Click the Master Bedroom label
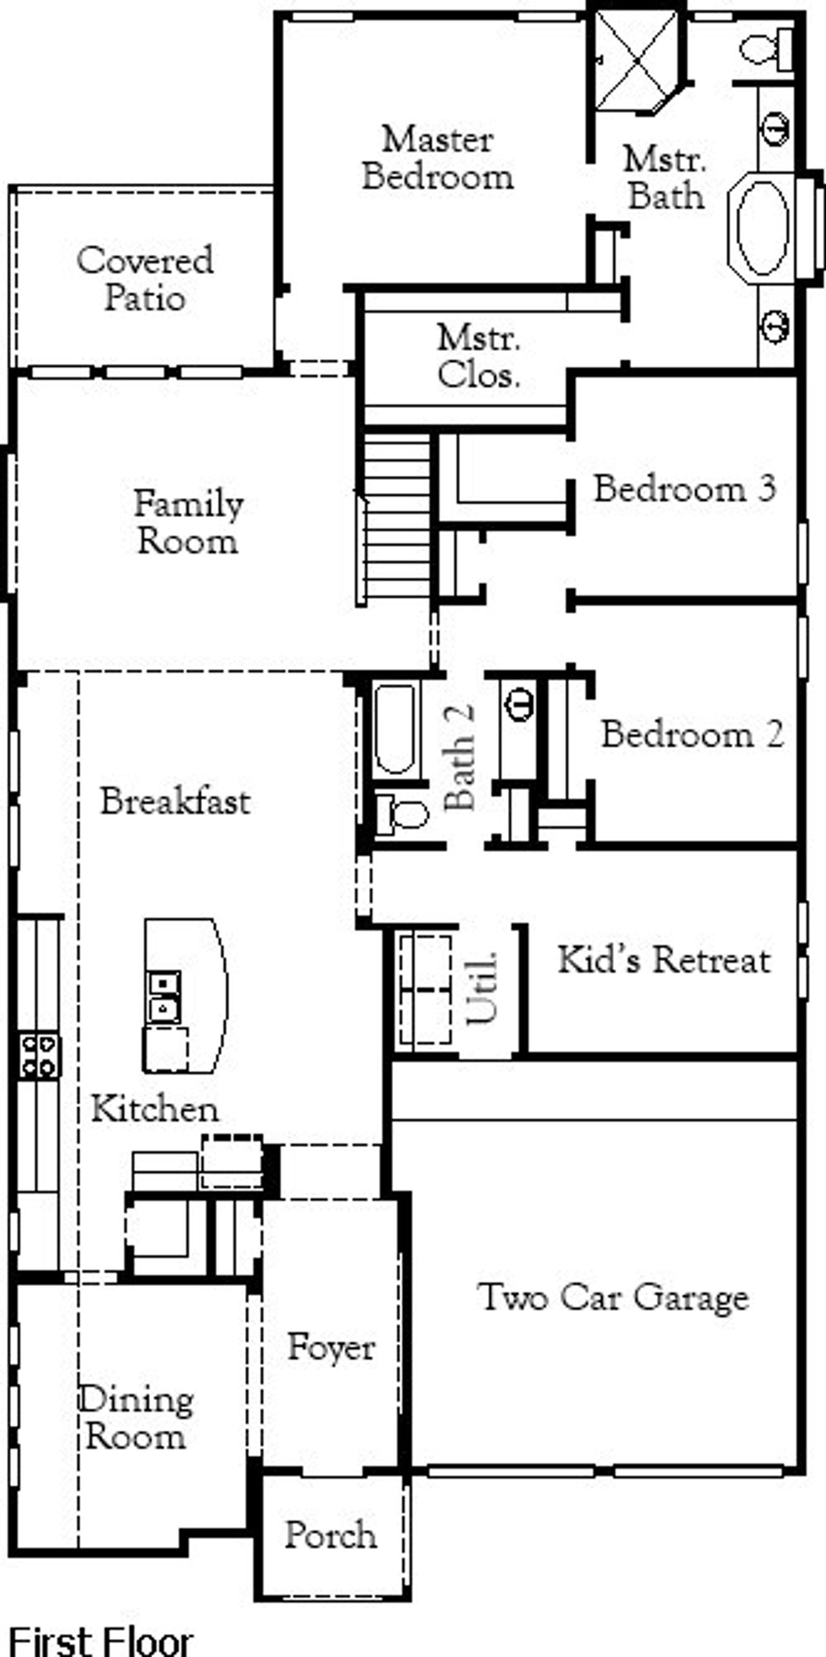tap(438, 158)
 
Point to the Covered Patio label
tap(145, 279)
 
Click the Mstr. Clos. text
tap(478, 356)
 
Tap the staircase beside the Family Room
tap(396, 516)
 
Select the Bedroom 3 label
tap(684, 488)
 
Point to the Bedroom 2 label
tap(692, 734)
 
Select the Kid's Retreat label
tap(664, 959)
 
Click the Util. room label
tap(482, 988)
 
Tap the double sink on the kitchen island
tap(164, 997)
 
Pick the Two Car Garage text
tap(612, 1297)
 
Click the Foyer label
tap(330, 1347)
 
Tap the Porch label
tap(330, 1535)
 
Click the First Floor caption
tap(101, 1640)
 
